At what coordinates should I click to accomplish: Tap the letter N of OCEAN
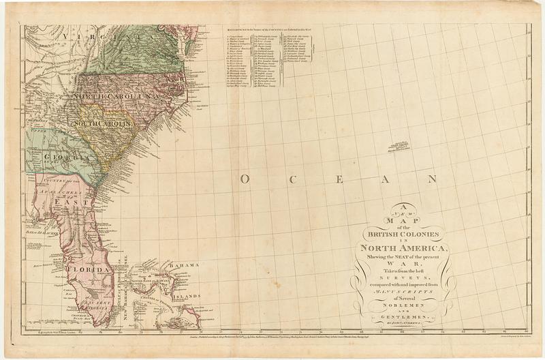[x=431, y=179]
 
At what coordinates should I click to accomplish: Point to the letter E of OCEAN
[x=340, y=179]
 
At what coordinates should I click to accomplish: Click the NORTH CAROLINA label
[x=116, y=96]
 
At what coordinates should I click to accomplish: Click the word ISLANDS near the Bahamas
[x=186, y=297]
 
